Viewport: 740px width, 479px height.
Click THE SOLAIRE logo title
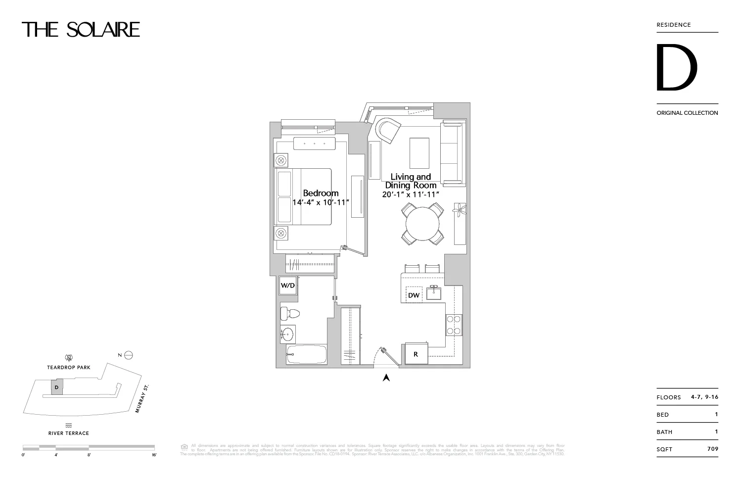(81, 30)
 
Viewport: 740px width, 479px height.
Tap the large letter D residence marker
(676, 68)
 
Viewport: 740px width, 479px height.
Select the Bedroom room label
(321, 193)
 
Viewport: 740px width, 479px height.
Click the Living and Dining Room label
(411, 181)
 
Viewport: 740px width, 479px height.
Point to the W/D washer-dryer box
(288, 286)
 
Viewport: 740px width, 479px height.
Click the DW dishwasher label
(414, 295)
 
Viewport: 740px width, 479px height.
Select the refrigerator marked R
(416, 354)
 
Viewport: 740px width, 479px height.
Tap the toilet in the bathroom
(287, 314)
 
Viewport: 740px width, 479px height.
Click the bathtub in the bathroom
(306, 355)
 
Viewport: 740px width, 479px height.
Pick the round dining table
(422, 224)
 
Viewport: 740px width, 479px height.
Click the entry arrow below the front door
(386, 378)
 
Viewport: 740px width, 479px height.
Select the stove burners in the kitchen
(454, 325)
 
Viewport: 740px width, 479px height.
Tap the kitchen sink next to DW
(434, 293)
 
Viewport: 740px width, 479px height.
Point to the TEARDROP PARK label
(69, 368)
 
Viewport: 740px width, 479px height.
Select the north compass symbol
(129, 355)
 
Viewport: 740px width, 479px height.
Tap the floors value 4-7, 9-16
(704, 397)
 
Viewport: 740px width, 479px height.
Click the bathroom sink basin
(288, 335)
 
